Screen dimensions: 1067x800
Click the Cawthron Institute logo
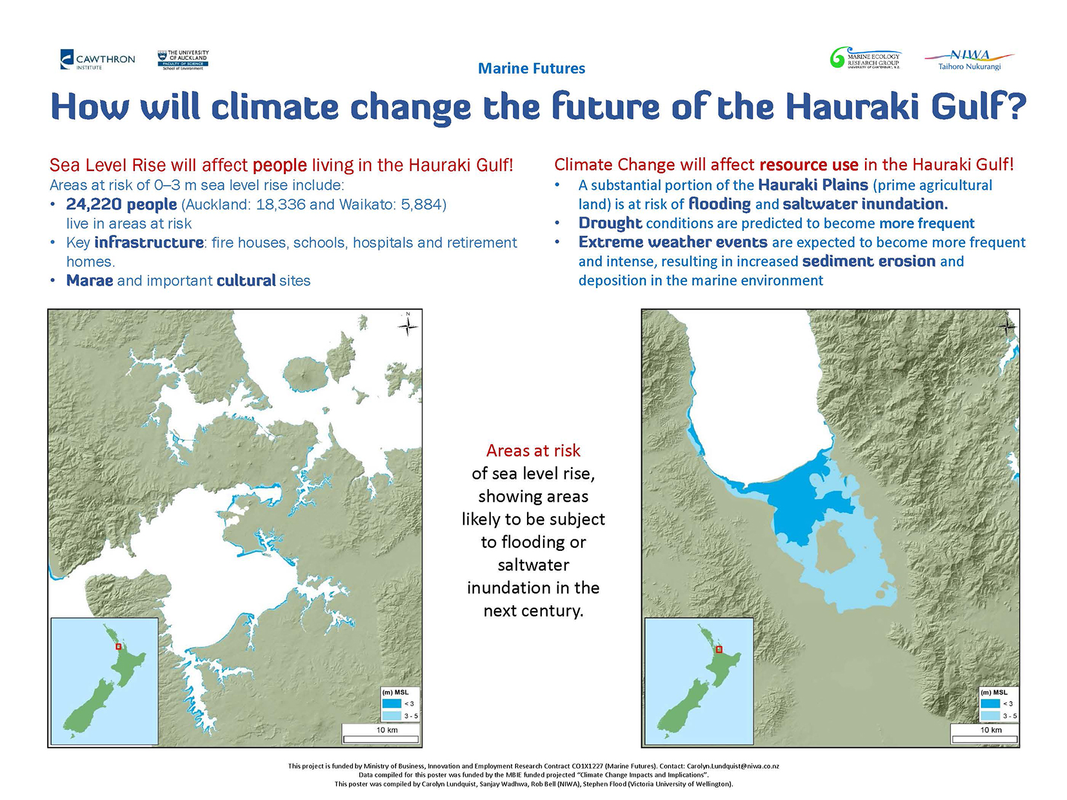tap(97, 60)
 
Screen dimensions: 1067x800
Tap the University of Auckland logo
tap(183, 60)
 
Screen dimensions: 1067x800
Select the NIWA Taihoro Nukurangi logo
tap(969, 60)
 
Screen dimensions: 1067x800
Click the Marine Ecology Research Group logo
tap(865, 58)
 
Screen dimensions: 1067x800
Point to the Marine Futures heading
tap(532, 68)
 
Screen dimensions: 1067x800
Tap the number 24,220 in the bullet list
tap(94, 205)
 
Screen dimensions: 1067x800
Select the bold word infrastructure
tap(149, 243)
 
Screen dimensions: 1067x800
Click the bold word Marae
tap(90, 281)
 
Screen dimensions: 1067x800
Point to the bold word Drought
tap(610, 223)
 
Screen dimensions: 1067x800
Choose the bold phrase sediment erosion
tap(869, 261)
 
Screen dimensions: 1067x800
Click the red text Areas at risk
tap(533, 450)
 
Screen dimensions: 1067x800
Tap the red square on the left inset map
tap(118, 647)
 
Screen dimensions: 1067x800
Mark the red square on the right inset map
tap(719, 649)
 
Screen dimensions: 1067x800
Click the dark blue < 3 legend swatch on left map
tap(392, 703)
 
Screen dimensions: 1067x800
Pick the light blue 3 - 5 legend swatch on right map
tap(990, 716)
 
